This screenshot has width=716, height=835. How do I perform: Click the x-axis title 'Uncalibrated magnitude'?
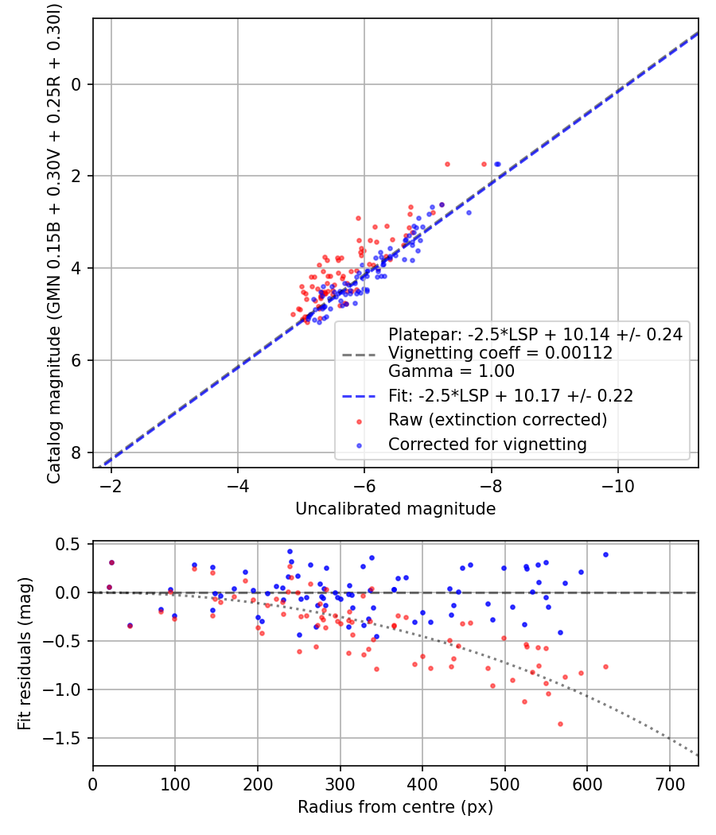395,509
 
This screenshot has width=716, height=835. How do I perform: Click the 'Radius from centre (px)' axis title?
395,807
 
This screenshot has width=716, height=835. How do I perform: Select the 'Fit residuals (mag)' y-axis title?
25,654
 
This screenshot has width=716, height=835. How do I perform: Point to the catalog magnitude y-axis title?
53,243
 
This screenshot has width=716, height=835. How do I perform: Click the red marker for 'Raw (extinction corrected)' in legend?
360,420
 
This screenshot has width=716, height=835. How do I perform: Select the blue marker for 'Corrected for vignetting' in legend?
360,445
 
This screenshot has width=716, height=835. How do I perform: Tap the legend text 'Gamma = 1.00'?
450,371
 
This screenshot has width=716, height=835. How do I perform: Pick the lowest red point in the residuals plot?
560,724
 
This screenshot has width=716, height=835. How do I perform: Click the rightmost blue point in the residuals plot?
605,554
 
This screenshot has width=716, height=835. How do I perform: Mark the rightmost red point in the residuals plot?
605,666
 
